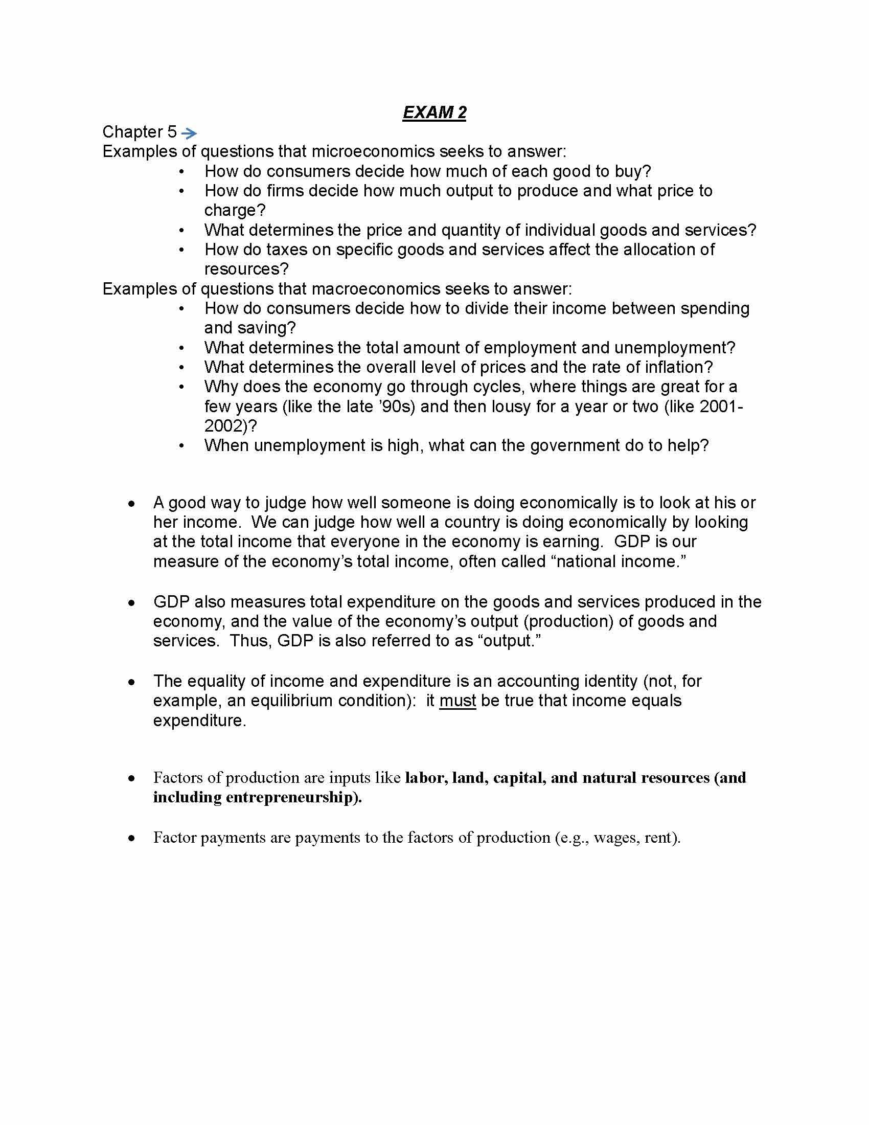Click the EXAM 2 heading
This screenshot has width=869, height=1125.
coord(434,112)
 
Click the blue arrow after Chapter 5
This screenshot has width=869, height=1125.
coord(190,133)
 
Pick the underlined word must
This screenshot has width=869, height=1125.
coord(458,701)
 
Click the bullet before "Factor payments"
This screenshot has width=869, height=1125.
coord(132,838)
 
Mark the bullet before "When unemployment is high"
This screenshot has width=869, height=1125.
coord(181,445)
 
